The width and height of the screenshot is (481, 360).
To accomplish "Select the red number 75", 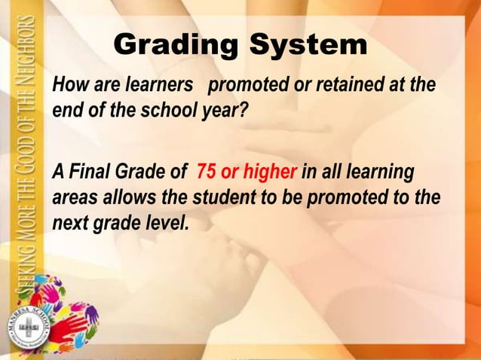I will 207,172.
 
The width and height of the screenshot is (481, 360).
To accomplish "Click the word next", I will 72,224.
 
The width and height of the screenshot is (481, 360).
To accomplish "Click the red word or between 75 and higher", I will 230,173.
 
